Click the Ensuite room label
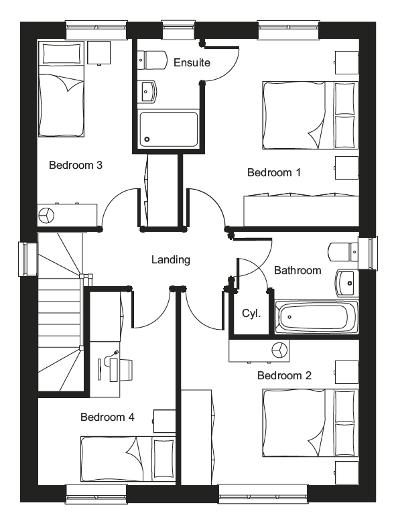click(x=192, y=62)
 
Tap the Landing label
click(x=171, y=260)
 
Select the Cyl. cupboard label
click(x=251, y=313)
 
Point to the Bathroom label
click(x=298, y=270)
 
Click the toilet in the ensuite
click(x=151, y=60)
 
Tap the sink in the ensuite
click(x=147, y=91)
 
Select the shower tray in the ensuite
click(x=168, y=129)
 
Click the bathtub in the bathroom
click(x=316, y=317)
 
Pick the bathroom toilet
click(x=343, y=252)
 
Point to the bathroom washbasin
click(x=347, y=283)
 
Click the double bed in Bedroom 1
click(x=310, y=115)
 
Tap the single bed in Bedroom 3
click(x=60, y=89)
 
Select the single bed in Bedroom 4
click(x=128, y=459)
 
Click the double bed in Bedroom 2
click(x=310, y=423)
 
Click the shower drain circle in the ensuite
click(x=147, y=139)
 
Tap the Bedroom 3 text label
click(x=76, y=165)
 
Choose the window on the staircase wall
click(x=28, y=259)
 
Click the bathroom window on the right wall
click(x=368, y=253)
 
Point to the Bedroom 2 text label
click(x=285, y=375)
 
